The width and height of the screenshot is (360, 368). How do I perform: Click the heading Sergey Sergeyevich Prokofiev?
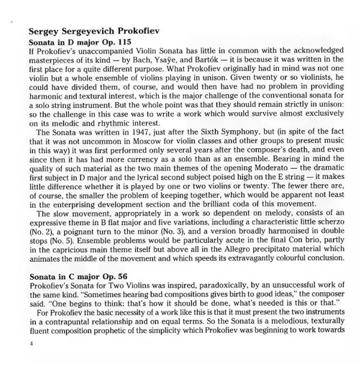pos(94,32)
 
